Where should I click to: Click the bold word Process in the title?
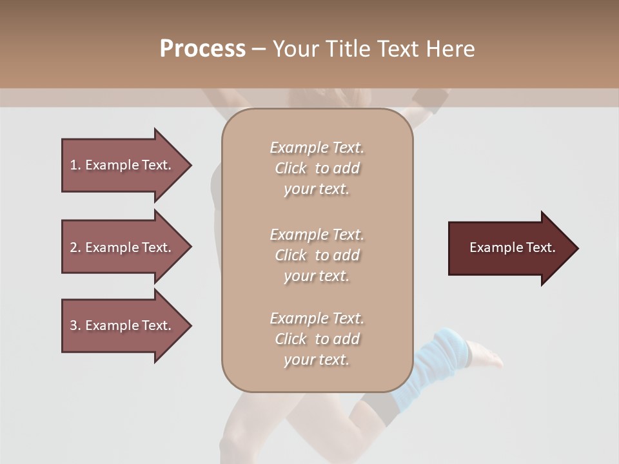202,49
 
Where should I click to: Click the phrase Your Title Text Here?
373,49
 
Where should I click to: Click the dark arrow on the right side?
509,248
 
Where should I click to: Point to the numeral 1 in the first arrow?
74,165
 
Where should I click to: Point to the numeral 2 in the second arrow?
74,247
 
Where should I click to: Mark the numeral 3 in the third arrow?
74,325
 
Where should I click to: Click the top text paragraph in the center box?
317,168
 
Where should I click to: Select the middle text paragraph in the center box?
317,255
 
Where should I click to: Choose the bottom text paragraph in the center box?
317,339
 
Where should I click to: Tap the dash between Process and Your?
259,50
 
